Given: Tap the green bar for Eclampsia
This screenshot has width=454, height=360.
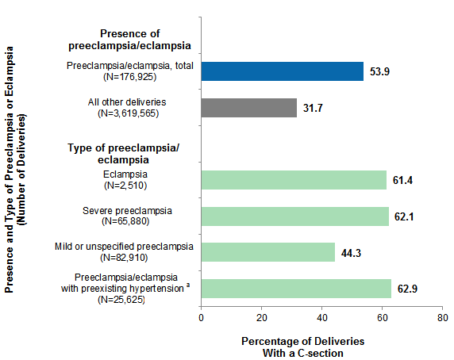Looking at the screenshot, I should pyautogui.click(x=294, y=181).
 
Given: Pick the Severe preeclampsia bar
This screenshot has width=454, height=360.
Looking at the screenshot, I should pyautogui.click(x=294, y=216).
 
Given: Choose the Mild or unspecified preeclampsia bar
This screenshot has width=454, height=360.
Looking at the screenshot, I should pyautogui.click(x=267, y=251).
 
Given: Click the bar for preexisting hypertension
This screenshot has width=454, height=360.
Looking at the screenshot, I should pyautogui.click(x=296, y=287).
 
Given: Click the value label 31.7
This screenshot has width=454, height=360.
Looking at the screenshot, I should pyautogui.click(x=315, y=108).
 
